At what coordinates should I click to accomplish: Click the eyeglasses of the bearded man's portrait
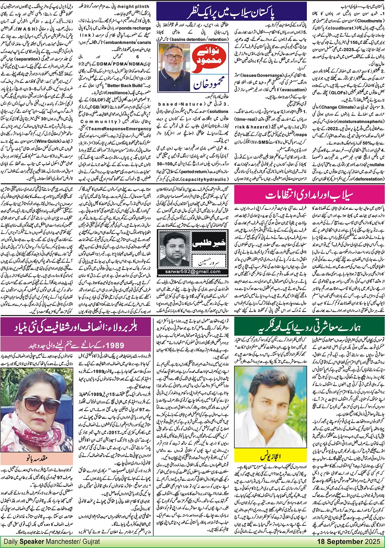(x=172, y=57)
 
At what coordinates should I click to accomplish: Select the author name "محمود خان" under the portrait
(x=180, y=90)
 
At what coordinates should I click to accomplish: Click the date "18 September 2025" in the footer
(x=349, y=541)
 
